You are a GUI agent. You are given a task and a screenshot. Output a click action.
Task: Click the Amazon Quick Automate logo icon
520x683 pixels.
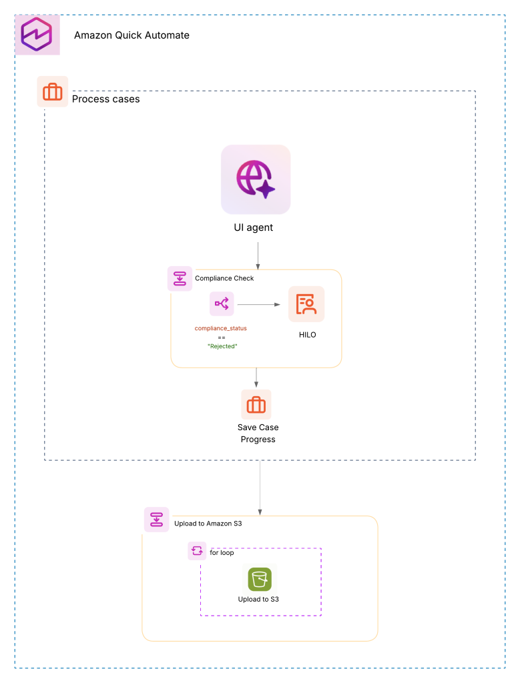(x=37, y=35)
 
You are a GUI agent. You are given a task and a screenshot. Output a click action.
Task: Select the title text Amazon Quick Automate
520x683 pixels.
(x=132, y=35)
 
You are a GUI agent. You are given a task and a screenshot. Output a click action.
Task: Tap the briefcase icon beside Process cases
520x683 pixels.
(x=52, y=91)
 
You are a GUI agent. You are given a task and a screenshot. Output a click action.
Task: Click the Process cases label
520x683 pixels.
(x=105, y=99)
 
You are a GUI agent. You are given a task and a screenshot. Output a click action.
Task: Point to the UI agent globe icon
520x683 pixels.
(x=256, y=179)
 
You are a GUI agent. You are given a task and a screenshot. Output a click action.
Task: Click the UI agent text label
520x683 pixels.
(x=256, y=227)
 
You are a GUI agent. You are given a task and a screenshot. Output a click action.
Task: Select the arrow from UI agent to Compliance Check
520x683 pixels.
(x=257, y=255)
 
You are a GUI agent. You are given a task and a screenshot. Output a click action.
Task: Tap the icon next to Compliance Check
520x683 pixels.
(x=180, y=278)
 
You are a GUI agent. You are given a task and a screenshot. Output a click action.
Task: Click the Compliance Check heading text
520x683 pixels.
(x=224, y=278)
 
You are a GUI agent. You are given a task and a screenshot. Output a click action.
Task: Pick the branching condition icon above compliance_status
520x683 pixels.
(x=221, y=304)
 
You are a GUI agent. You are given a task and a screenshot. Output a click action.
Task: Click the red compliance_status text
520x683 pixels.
(x=220, y=328)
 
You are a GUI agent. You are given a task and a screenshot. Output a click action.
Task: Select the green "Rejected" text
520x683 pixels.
(x=222, y=346)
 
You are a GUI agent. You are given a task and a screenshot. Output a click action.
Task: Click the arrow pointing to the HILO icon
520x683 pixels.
(x=258, y=304)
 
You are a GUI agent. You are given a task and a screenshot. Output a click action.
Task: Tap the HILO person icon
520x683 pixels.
(x=306, y=304)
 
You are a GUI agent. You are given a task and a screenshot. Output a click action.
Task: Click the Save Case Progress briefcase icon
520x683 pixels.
(x=256, y=404)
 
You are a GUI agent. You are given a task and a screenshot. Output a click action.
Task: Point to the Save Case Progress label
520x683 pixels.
(x=258, y=433)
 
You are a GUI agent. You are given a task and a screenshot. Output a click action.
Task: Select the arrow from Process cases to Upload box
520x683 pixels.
(x=260, y=487)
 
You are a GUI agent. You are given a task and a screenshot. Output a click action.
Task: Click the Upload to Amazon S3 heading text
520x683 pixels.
(x=208, y=524)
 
